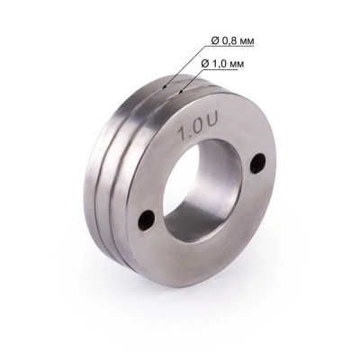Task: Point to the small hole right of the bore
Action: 258,162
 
